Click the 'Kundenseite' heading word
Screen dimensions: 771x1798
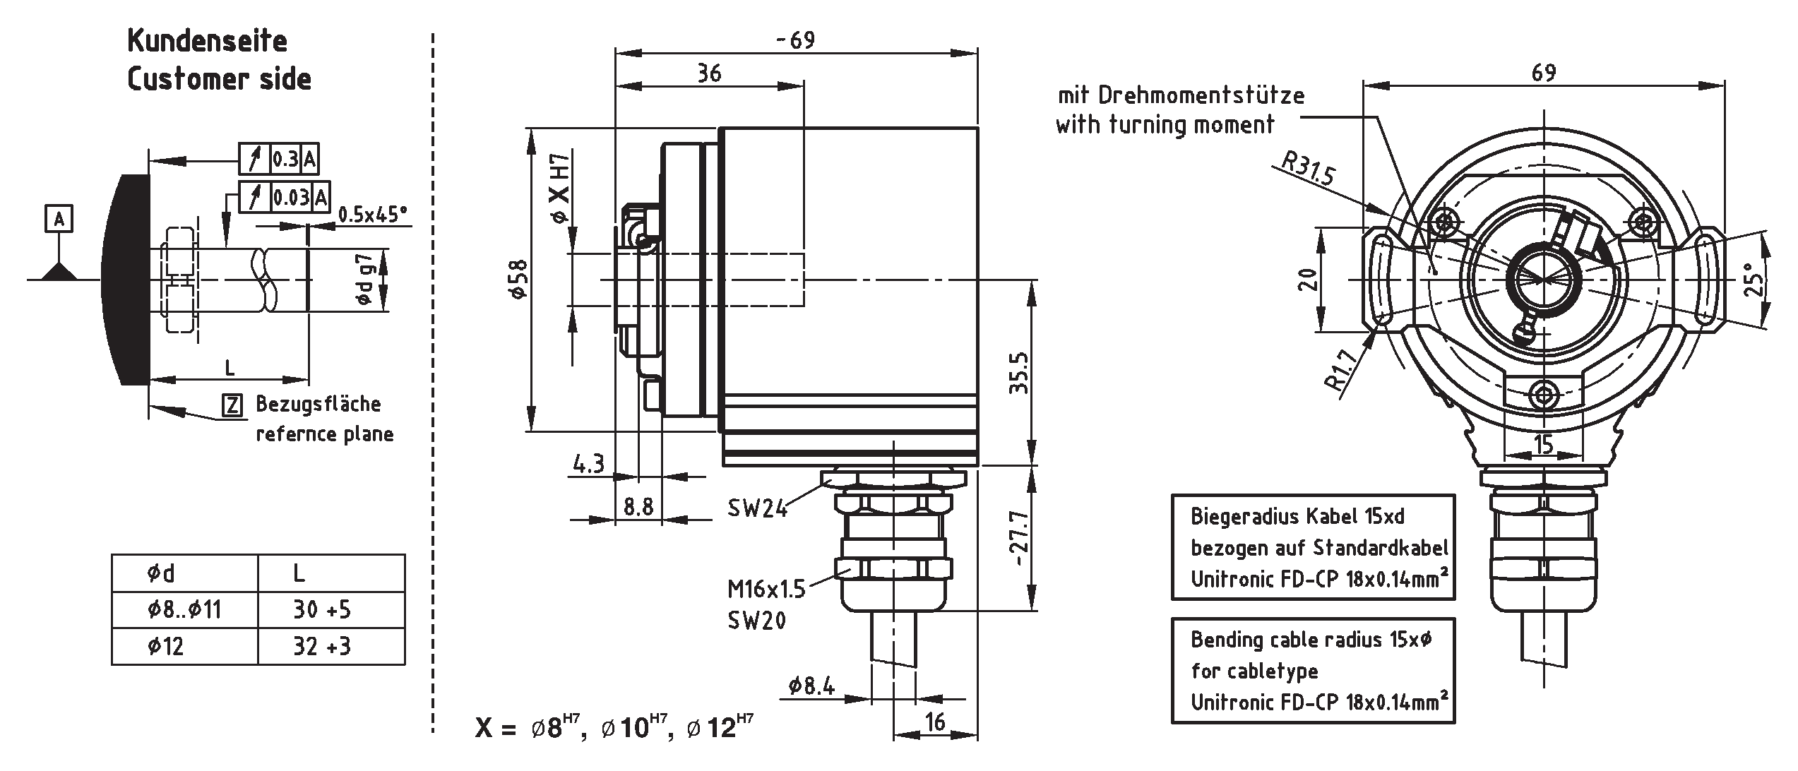(x=207, y=41)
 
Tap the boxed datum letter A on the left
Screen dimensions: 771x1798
(x=59, y=220)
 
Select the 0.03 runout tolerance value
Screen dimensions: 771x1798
(x=291, y=197)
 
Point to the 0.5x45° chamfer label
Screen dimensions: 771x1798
(x=373, y=214)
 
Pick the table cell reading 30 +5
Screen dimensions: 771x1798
(x=322, y=609)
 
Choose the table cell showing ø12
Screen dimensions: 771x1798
(x=166, y=646)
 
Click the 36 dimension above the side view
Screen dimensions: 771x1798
(x=709, y=73)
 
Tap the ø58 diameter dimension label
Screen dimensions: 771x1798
(x=520, y=280)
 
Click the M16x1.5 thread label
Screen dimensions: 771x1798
(x=766, y=589)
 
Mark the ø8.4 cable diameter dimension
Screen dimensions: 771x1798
(x=812, y=685)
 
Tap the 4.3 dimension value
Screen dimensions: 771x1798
(x=588, y=464)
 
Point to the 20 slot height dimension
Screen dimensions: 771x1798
(x=1309, y=280)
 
